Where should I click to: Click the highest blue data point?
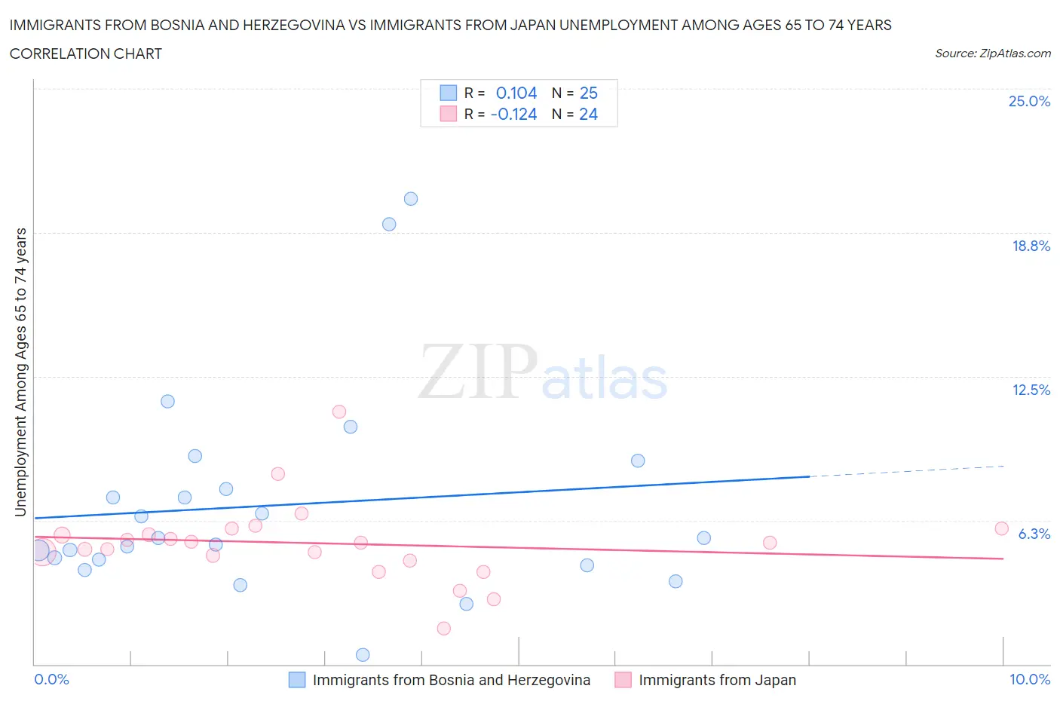(411, 199)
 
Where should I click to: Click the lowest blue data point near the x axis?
(363, 654)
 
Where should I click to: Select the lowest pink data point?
(444, 628)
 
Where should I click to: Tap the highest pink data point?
(339, 412)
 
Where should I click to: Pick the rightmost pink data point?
(1002, 528)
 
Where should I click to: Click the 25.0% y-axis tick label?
(1029, 101)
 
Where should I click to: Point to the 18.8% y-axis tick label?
(1031, 246)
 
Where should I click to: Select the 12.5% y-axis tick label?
(1031, 390)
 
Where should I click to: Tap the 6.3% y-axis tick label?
(1034, 534)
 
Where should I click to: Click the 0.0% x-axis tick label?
(52, 679)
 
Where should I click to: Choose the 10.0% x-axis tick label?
(1029, 679)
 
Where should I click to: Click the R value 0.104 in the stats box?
(516, 93)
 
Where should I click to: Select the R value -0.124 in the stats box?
(513, 114)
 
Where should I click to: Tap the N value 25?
(588, 93)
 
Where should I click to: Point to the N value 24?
(588, 114)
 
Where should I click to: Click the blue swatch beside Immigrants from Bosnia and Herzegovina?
(297, 680)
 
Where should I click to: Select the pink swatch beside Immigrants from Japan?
(623, 680)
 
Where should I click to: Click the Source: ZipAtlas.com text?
(992, 53)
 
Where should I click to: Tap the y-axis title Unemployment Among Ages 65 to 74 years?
(21, 372)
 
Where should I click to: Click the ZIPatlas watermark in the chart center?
(543, 371)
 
